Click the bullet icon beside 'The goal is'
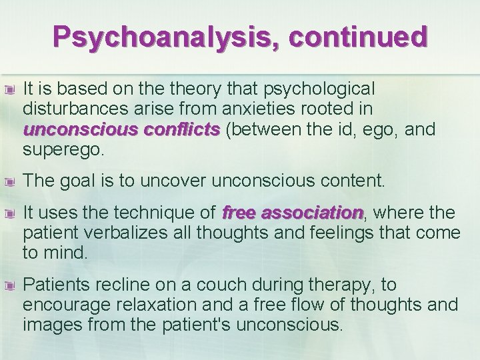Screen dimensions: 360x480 9,181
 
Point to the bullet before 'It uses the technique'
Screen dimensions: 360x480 9,213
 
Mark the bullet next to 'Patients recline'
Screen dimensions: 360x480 9,285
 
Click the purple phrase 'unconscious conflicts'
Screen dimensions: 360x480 121,129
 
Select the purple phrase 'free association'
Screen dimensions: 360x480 292,213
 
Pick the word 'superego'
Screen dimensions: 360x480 62,149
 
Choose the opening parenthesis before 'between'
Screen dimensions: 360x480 229,129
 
